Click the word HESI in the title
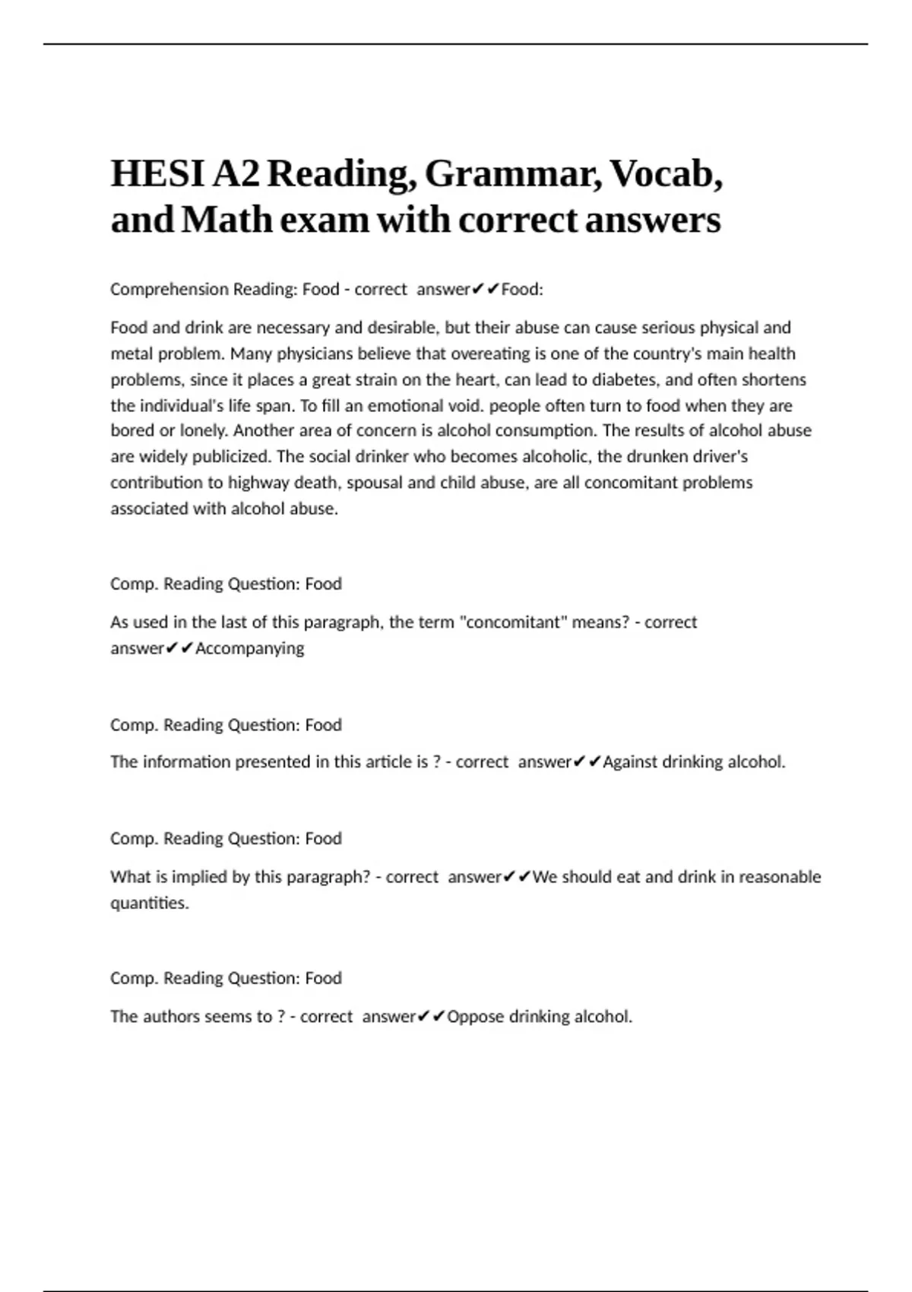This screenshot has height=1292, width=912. coord(157,174)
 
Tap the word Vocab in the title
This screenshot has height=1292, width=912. coord(667,174)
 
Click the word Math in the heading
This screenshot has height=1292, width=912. coord(226,220)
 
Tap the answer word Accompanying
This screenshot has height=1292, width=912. coord(249,648)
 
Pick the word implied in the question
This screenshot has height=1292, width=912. coord(198,877)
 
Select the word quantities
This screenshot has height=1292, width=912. coord(149,903)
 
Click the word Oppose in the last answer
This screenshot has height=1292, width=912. coord(475,1017)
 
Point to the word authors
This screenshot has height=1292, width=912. coord(164,1017)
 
